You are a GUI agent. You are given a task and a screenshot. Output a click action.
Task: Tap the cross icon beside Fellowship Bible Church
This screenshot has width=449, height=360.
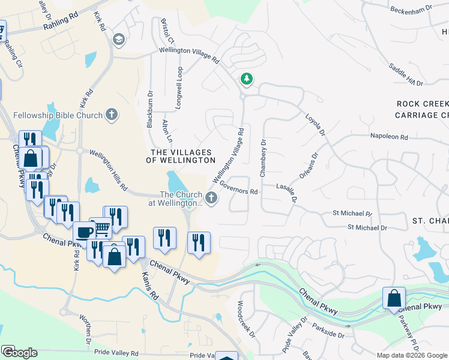coord(112,114)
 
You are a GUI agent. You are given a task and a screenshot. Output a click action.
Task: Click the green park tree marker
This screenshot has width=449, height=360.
coord(246,79)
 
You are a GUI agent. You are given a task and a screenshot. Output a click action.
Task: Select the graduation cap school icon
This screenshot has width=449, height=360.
coord(119,40)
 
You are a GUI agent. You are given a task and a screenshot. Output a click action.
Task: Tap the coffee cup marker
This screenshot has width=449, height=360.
coord(83,232)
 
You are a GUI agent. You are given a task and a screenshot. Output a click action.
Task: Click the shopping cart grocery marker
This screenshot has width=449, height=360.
coord(101,227)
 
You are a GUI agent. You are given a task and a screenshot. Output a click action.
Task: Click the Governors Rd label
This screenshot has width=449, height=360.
coord(239,188)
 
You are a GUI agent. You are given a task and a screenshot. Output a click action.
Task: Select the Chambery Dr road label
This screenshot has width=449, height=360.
coord(262,158)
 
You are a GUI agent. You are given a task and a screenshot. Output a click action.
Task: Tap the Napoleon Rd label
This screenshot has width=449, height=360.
coord(389,137)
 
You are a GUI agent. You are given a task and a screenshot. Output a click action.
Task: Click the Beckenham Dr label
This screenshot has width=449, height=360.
coord(411,9)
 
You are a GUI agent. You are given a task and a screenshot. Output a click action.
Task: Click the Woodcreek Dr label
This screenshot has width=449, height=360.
coord(247,319)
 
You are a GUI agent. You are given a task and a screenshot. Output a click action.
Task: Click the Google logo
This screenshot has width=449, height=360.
coord(19,353)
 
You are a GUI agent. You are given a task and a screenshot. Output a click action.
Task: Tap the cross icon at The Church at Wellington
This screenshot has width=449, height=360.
coord(211,197)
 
